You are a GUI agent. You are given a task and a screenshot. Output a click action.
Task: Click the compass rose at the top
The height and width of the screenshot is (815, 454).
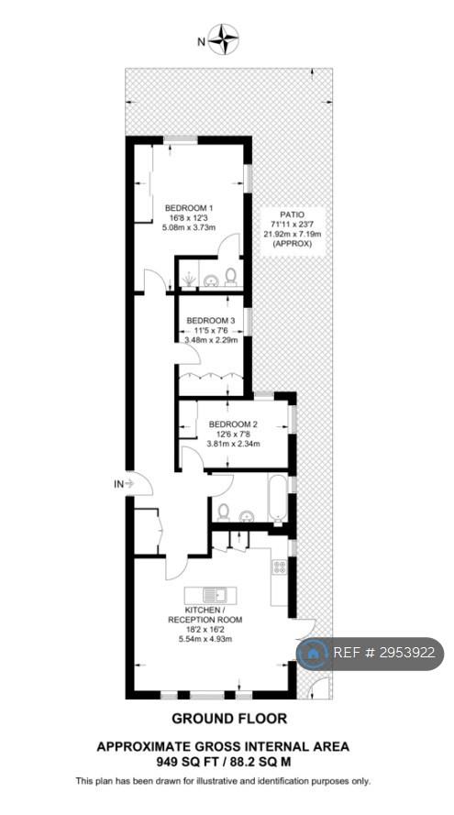223,39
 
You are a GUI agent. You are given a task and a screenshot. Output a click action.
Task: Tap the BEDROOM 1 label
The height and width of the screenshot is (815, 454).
185,207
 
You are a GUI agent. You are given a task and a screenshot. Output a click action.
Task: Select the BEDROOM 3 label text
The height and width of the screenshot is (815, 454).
211,320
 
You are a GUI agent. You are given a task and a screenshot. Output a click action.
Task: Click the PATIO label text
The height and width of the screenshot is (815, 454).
292,214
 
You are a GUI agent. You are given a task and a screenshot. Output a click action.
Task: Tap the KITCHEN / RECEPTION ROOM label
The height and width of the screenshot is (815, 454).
205,614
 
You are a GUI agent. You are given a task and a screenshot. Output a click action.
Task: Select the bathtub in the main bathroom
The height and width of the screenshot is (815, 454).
277,498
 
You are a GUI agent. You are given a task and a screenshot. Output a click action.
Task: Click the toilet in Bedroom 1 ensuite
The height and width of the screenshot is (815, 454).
231,278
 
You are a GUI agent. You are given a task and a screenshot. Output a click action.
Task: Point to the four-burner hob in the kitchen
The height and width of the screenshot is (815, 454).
279,566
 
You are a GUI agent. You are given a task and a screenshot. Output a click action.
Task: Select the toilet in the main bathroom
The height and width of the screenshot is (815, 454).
223,512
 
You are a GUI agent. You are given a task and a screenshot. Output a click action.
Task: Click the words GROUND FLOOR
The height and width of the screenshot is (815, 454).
229,719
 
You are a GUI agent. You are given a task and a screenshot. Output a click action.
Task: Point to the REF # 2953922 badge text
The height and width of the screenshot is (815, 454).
383,653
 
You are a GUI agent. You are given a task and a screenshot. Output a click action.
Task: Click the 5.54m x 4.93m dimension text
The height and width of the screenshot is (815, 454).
205,638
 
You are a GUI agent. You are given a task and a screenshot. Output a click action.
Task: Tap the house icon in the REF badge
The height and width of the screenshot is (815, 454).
313,654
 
